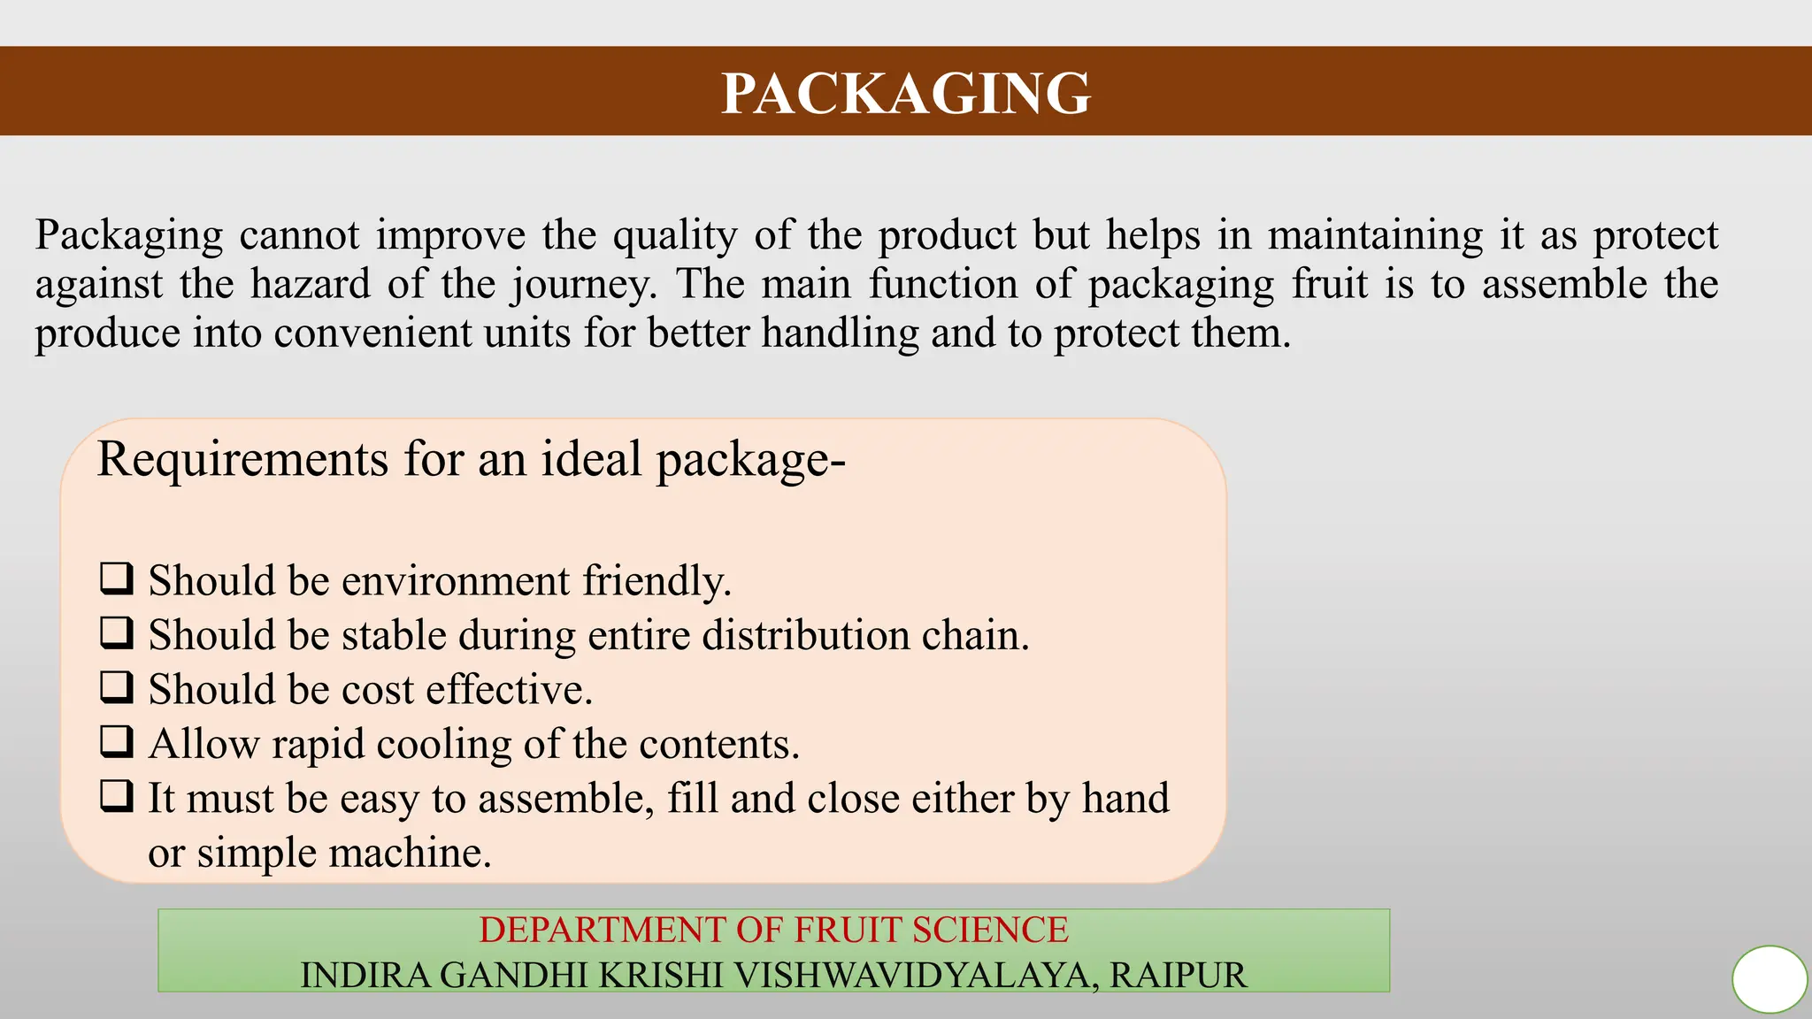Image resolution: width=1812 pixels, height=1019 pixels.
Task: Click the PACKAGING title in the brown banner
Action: click(x=906, y=93)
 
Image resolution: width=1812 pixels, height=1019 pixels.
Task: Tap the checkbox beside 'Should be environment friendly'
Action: click(x=117, y=579)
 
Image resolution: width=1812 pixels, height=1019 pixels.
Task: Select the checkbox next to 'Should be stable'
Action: click(x=117, y=633)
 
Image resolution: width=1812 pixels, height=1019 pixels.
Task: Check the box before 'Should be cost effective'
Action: click(x=117, y=687)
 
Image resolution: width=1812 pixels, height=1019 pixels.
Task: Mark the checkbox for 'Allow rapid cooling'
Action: click(x=117, y=742)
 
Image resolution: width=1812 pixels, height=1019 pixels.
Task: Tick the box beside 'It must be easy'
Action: click(x=117, y=796)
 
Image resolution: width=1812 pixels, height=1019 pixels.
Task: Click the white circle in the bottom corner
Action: click(x=1770, y=979)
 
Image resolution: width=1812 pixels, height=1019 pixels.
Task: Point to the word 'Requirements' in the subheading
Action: click(x=242, y=460)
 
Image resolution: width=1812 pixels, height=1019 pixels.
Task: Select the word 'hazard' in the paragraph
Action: click(x=311, y=285)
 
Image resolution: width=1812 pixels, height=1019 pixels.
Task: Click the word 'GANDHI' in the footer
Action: click(x=513, y=976)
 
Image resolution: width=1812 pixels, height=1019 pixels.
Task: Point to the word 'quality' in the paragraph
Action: click(x=675, y=236)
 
